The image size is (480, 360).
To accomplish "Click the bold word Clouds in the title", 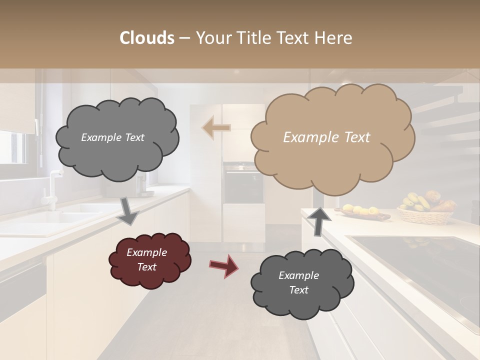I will (147, 38).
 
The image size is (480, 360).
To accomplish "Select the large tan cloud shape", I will (332, 137).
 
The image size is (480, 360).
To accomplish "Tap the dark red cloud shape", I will (149, 260).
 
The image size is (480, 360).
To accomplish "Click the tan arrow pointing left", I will (216, 127).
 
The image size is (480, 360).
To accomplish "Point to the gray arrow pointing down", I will (128, 210).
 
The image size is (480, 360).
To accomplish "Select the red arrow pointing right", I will (223, 265).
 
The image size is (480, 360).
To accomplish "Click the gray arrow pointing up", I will (319, 220).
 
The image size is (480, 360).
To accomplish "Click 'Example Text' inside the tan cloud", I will (326, 137).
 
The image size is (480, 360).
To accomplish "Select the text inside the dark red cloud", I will (147, 260).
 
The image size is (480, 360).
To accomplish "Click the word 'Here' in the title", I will (334, 38).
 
